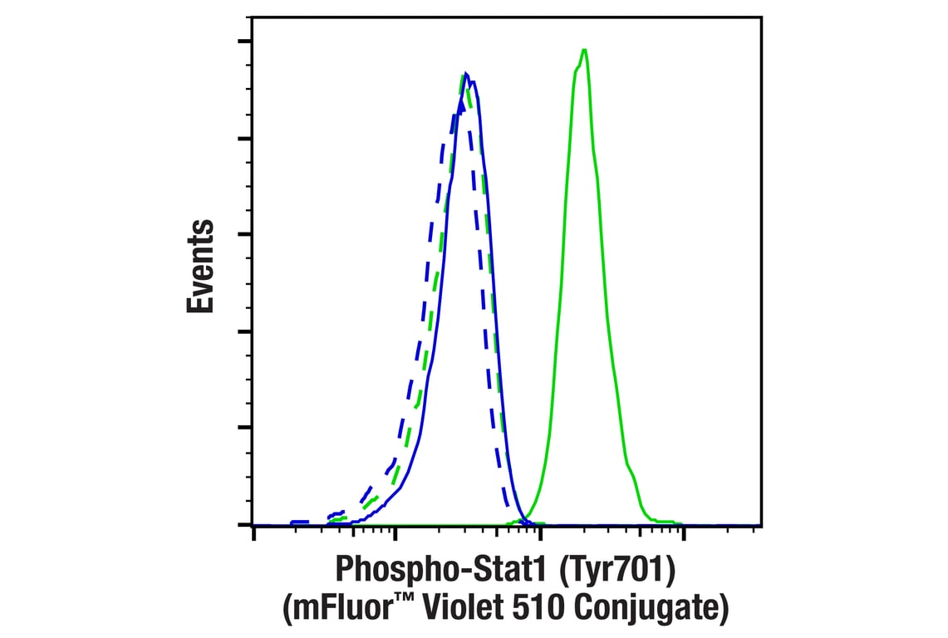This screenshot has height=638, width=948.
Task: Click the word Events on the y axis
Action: [200, 267]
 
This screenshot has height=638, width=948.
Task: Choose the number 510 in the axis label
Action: [526, 609]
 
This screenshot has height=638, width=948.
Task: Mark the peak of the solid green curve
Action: [585, 50]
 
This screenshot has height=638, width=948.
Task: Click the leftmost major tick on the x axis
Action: [253, 532]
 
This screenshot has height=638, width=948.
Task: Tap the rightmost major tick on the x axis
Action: [683, 532]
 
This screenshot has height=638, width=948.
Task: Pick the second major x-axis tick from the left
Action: [397, 532]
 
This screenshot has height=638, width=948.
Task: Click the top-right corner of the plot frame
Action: [762, 17]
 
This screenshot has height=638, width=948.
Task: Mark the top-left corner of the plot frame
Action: [253, 17]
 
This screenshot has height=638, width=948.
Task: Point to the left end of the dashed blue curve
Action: [292, 523]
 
